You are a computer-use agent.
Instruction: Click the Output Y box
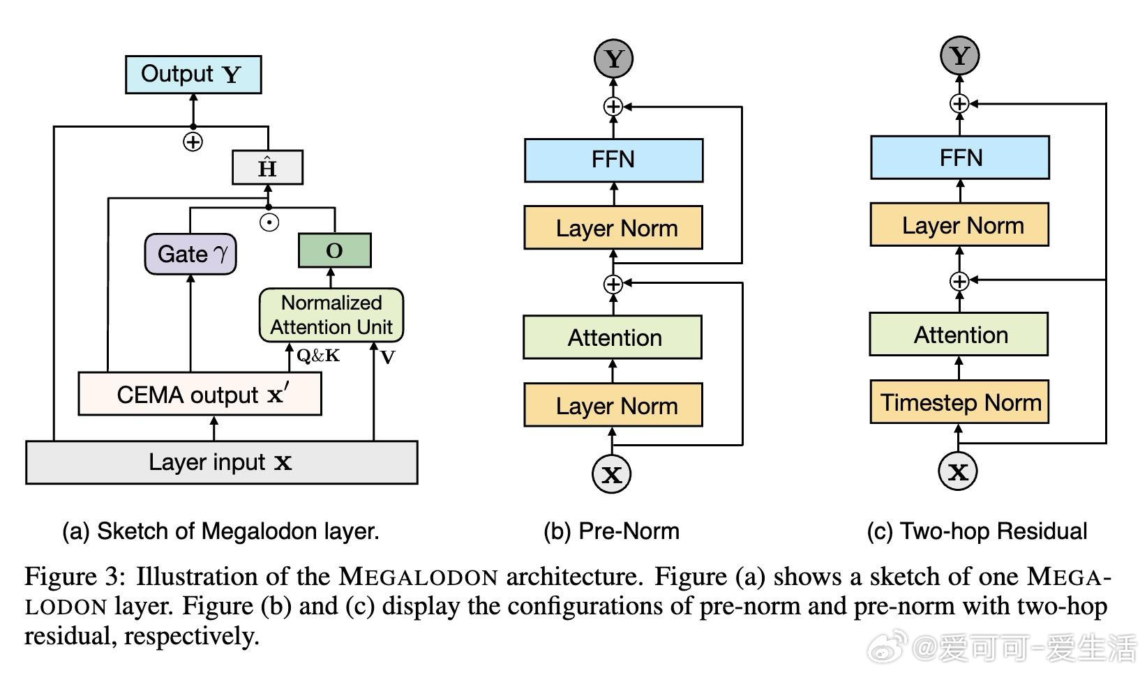[193, 75]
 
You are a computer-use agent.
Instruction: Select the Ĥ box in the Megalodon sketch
[268, 167]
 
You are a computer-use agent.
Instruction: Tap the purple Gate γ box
[190, 254]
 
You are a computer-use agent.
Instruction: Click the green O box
[335, 250]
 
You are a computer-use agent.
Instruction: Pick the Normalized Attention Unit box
[331, 315]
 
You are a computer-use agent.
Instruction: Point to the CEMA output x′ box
[200, 393]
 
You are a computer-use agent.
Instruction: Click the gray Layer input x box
[222, 462]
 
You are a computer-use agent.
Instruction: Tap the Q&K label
[318, 355]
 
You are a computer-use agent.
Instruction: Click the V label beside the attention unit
[388, 357]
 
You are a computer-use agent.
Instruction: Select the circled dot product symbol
[269, 222]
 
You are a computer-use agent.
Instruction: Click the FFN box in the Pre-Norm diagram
[613, 160]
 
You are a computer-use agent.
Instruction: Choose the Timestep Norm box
[959, 402]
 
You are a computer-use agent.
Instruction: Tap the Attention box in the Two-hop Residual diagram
[959, 335]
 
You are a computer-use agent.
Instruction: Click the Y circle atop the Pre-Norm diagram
[613, 59]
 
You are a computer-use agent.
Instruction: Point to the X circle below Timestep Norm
[958, 471]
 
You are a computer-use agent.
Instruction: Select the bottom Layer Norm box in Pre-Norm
[613, 405]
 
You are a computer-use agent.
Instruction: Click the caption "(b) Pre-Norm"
[611, 531]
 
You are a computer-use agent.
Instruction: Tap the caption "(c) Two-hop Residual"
[977, 531]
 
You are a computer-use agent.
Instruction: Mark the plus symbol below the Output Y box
[193, 142]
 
